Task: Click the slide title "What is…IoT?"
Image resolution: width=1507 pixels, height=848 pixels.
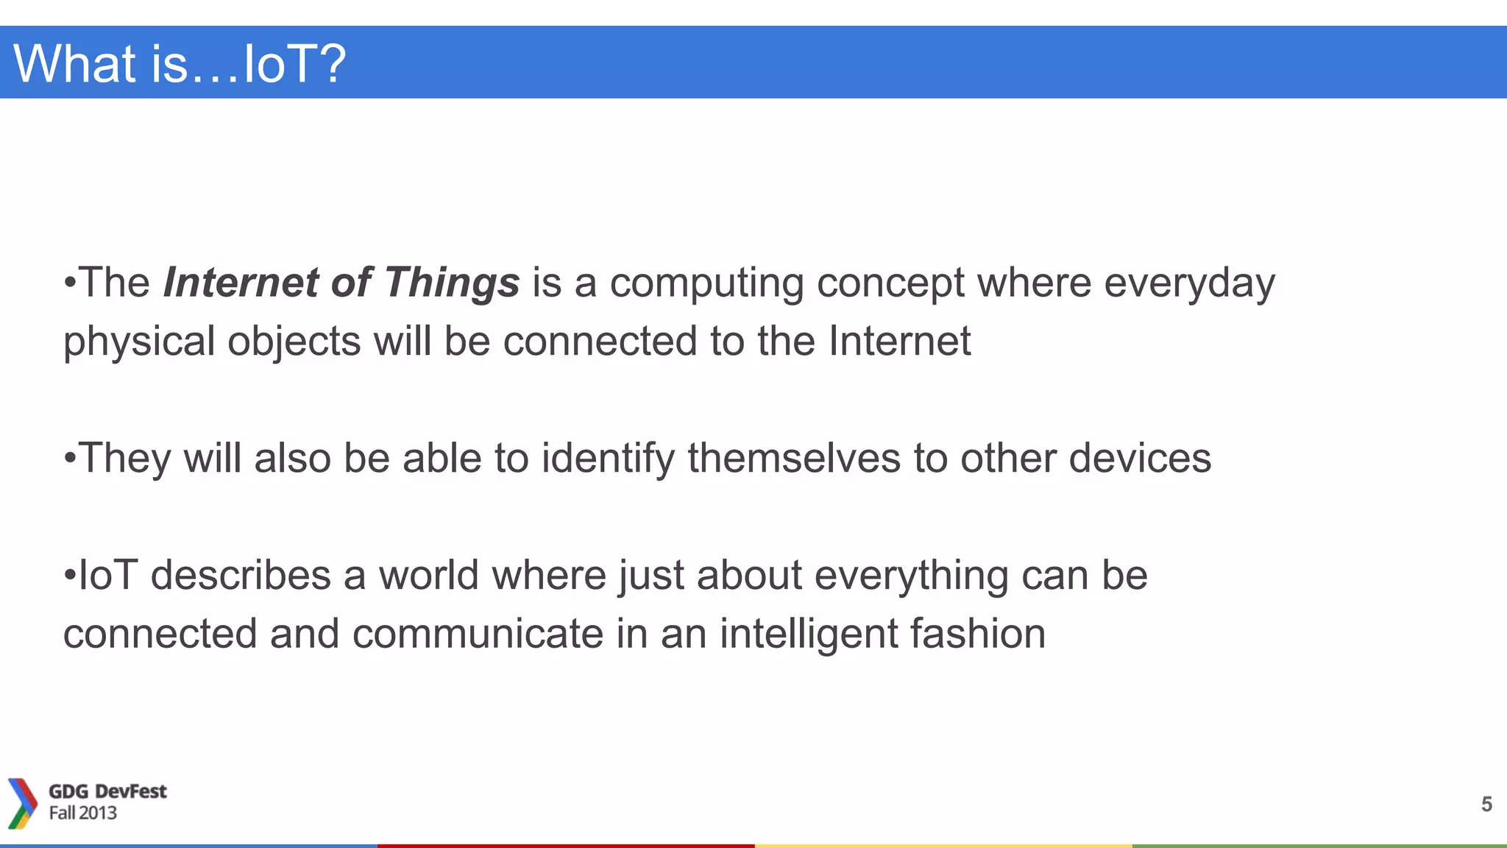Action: coord(180,63)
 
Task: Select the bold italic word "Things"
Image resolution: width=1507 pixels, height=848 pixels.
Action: coord(451,283)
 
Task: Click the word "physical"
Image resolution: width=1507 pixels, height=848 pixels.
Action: coord(139,342)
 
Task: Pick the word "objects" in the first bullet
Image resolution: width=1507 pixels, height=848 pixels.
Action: coord(294,342)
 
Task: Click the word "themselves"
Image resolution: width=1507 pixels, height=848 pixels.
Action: coord(794,458)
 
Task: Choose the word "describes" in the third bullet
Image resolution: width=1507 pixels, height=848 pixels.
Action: coord(241,575)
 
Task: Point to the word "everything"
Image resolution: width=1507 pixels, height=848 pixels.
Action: coord(911,576)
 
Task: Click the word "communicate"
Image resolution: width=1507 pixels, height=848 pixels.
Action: coord(478,634)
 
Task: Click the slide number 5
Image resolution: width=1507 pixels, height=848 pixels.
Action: coord(1486,804)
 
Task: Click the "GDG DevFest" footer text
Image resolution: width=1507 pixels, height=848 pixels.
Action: coord(107,791)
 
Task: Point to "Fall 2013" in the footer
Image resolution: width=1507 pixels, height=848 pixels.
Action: coord(83,813)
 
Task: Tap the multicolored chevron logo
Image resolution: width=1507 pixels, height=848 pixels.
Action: coord(22,803)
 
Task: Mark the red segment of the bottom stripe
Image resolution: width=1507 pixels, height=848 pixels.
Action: coord(565,846)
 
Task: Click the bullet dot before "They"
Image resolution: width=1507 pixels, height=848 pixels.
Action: coord(70,459)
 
